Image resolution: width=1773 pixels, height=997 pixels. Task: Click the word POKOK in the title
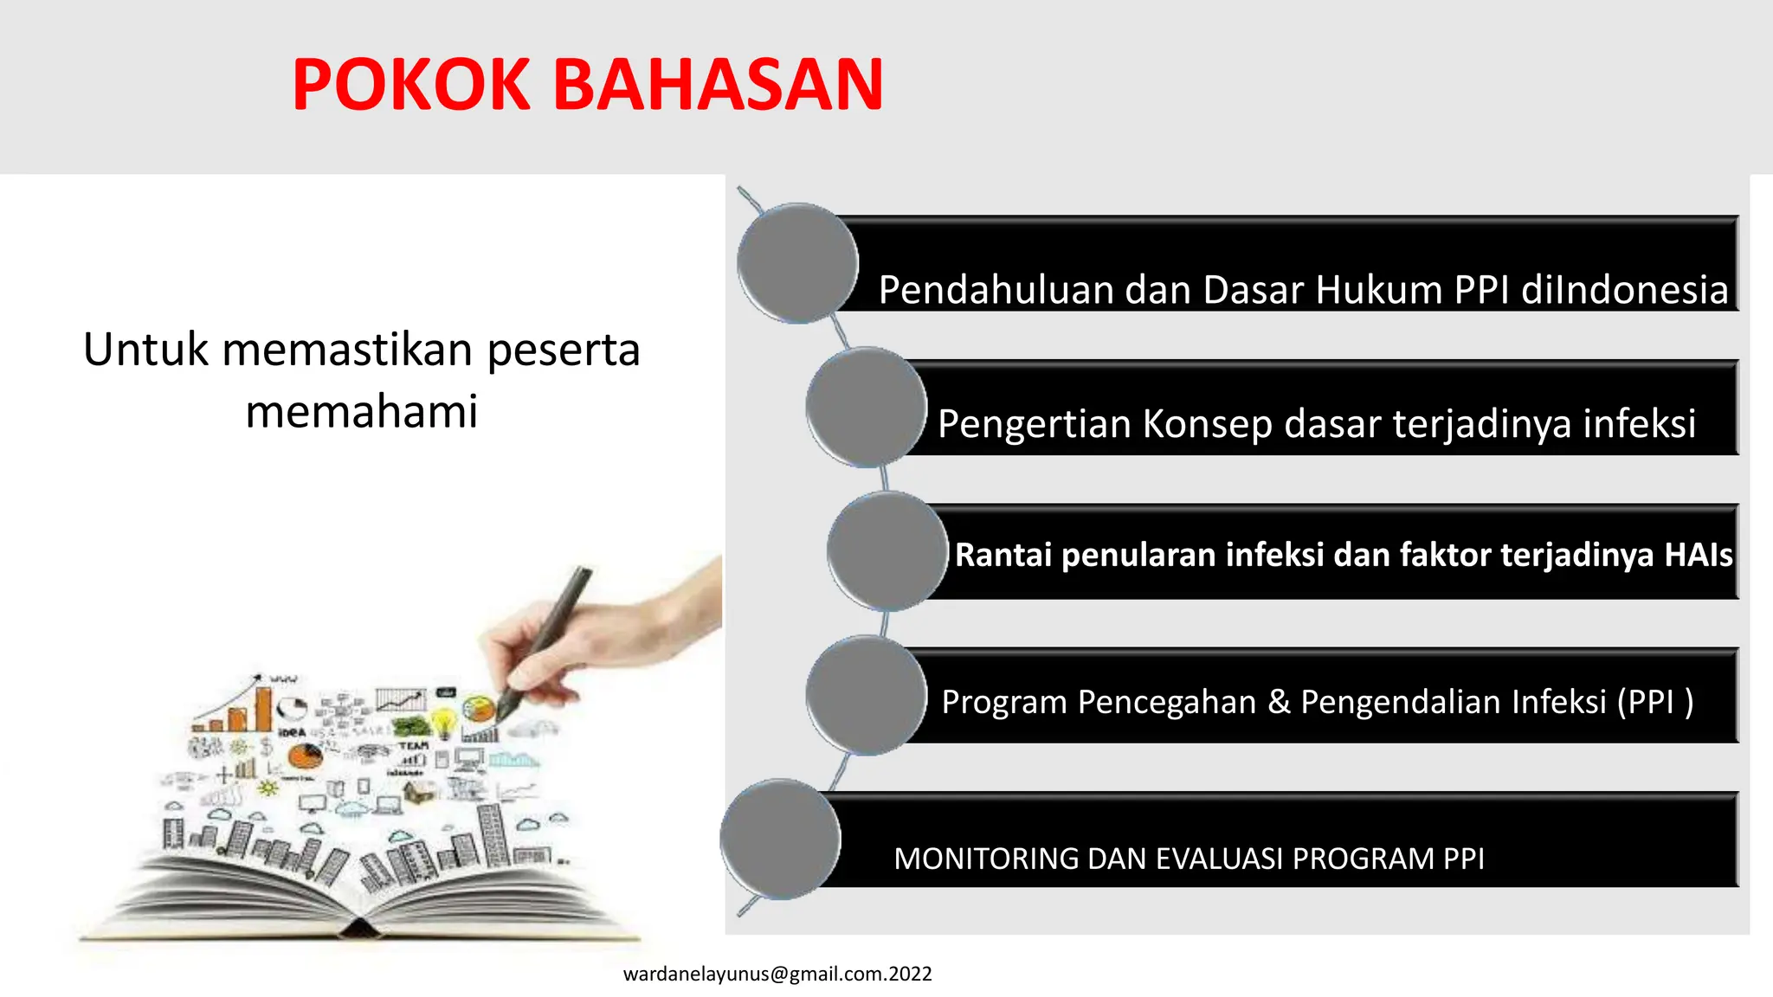point(410,85)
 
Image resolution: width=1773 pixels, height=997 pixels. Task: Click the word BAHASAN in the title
point(718,85)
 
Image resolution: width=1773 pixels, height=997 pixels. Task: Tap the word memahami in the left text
point(361,411)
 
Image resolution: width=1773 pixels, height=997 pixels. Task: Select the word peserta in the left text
point(563,351)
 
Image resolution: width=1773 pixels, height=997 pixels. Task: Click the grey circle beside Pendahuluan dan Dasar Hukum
point(797,263)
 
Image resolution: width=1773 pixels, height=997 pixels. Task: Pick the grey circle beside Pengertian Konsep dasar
point(866,407)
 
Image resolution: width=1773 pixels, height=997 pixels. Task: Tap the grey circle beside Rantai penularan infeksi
point(887,551)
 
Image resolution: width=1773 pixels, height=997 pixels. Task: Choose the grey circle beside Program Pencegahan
point(866,695)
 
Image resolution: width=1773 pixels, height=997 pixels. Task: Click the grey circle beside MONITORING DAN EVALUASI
point(780,839)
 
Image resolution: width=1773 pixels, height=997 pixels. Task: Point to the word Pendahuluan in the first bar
point(996,290)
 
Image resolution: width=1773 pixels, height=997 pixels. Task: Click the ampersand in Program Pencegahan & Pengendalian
point(1278,702)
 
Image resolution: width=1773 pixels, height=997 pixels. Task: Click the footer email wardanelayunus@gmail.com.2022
point(777,974)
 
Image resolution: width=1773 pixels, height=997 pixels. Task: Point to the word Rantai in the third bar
point(1003,555)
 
